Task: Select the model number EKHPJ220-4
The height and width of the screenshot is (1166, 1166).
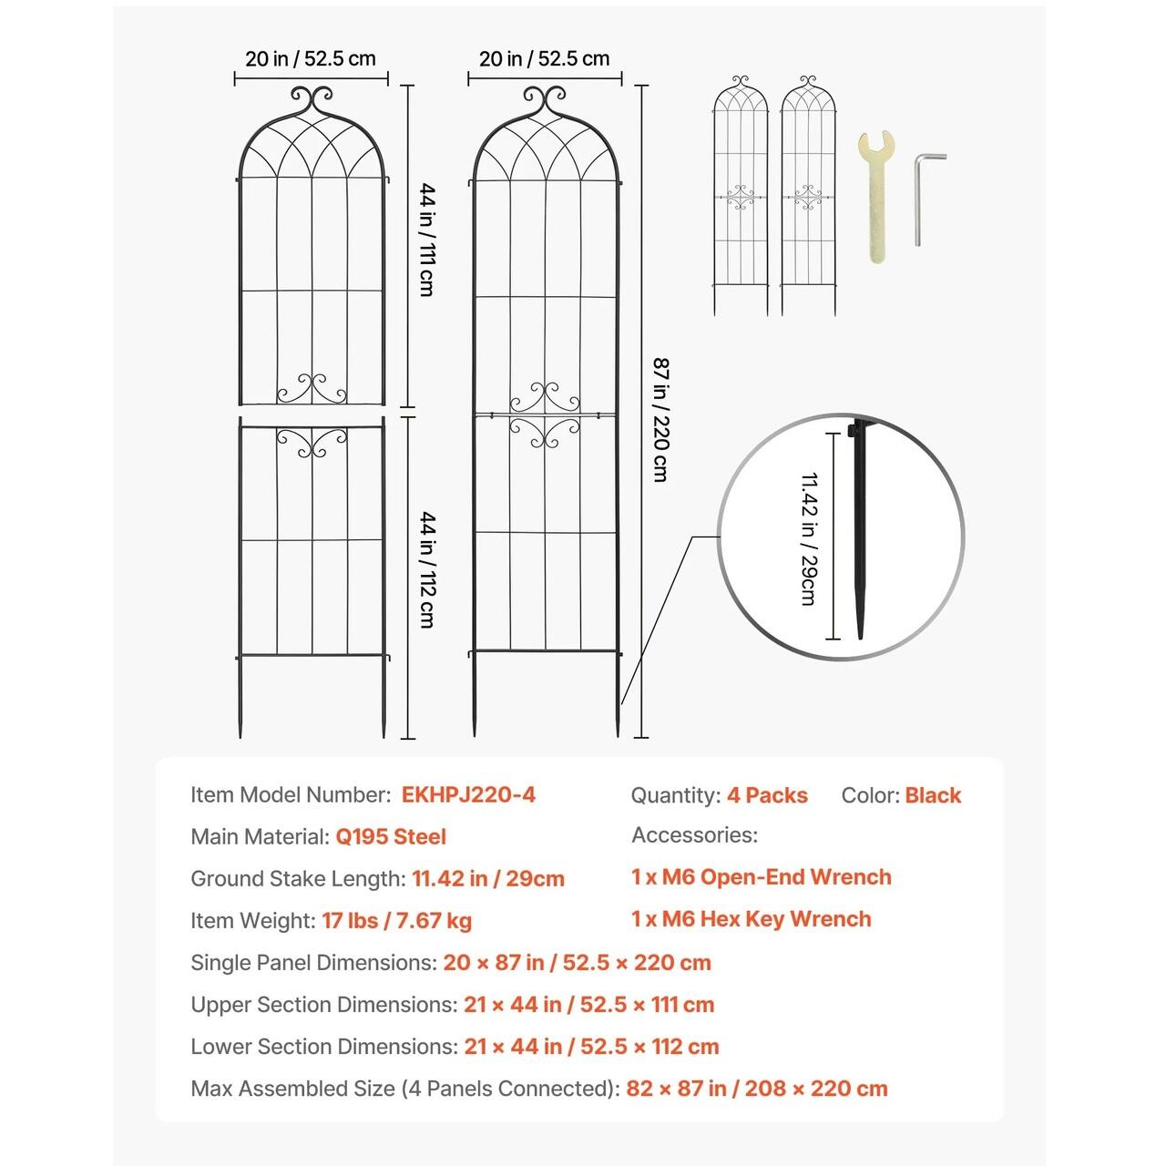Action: [x=468, y=795]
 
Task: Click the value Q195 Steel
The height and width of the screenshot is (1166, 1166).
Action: [x=391, y=837]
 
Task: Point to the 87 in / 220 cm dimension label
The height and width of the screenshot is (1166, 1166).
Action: [x=660, y=420]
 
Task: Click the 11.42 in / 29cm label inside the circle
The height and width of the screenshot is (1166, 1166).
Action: [x=808, y=538]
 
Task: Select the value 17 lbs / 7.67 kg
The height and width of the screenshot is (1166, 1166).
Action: [x=396, y=921]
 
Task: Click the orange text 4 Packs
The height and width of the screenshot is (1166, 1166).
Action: [x=767, y=795]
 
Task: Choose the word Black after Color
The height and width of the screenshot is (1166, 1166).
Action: [x=933, y=795]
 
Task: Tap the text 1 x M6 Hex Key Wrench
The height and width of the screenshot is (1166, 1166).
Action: [x=751, y=919]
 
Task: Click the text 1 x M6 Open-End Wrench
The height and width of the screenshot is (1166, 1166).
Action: [x=761, y=877]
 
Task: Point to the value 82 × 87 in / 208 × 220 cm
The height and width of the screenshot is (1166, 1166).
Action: [x=756, y=1089]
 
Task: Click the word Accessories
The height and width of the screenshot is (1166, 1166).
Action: [x=694, y=835]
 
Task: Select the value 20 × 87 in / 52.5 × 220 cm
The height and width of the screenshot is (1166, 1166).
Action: [x=577, y=963]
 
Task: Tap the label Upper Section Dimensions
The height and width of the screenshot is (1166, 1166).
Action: [x=323, y=1005]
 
